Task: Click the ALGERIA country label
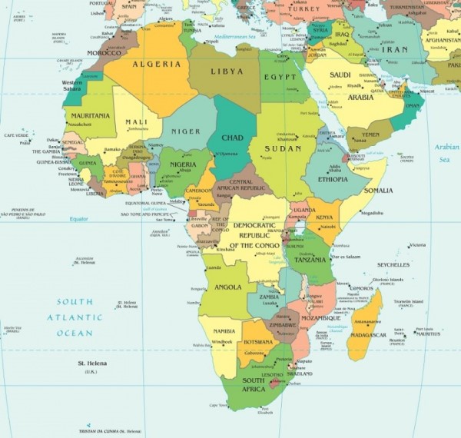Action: pyautogui.click(x=157, y=65)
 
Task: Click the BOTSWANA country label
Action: pyautogui.click(x=257, y=342)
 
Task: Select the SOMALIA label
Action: pyautogui.click(x=378, y=190)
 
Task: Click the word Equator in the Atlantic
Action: pyautogui.click(x=79, y=219)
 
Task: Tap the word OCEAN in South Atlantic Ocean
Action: pyautogui.click(x=75, y=333)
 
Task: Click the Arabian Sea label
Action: pyautogui.click(x=446, y=153)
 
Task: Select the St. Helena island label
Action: pyautogui.click(x=91, y=362)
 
